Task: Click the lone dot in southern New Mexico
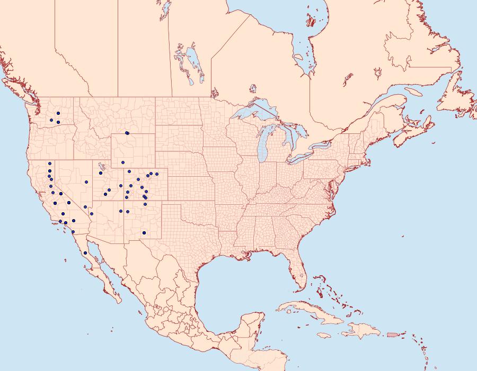(144, 233)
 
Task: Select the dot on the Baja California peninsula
(85, 253)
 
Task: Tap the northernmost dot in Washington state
(58, 113)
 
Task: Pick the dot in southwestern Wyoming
(122, 162)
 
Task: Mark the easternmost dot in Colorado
(157, 174)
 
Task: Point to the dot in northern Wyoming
(127, 133)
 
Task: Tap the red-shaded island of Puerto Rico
(392, 334)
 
